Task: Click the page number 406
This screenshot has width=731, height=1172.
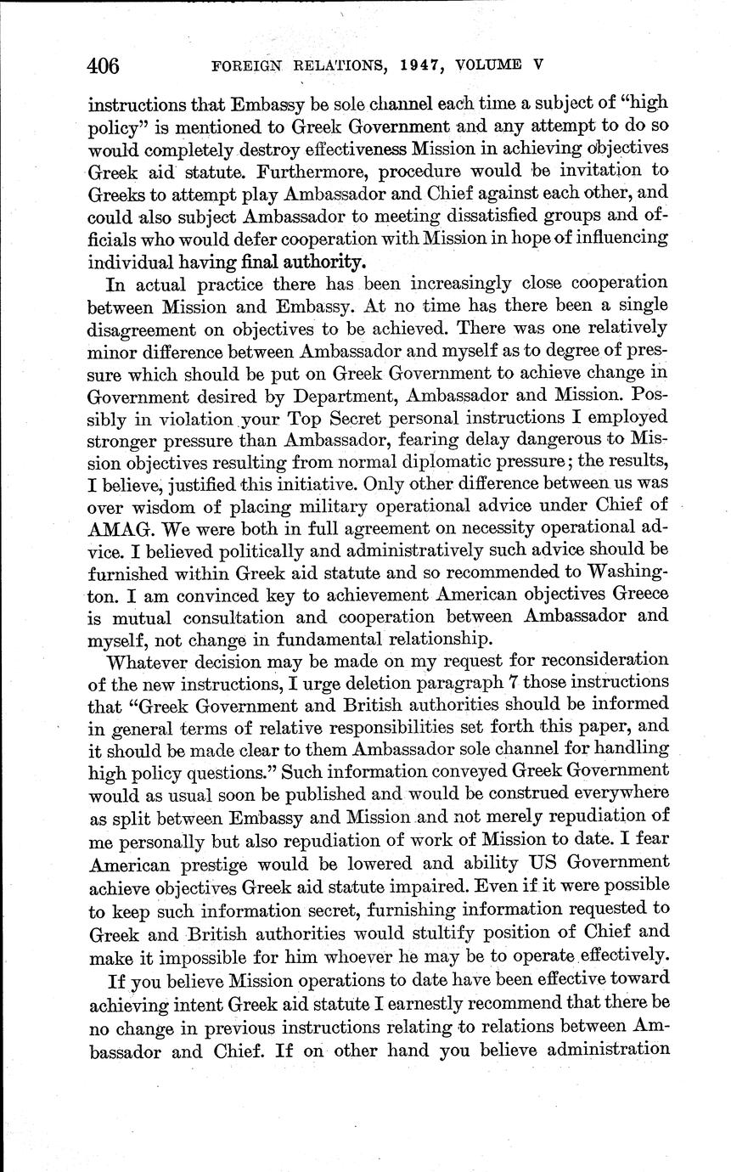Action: [x=102, y=65]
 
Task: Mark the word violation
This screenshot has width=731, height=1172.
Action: [x=192, y=418]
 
